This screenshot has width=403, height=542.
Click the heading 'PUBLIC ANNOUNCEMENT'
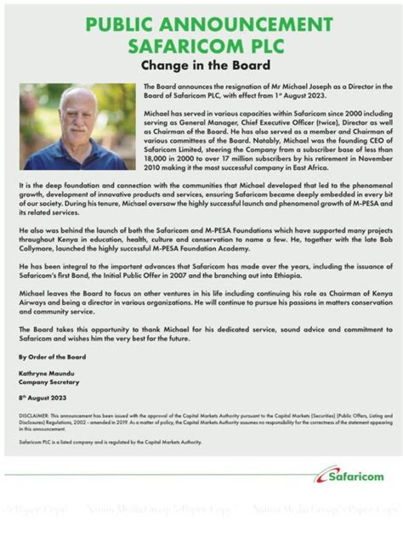(202, 25)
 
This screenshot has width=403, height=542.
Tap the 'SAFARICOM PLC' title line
(202, 45)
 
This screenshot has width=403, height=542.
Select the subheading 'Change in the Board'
(201, 65)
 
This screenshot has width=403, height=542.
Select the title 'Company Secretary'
(47, 381)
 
